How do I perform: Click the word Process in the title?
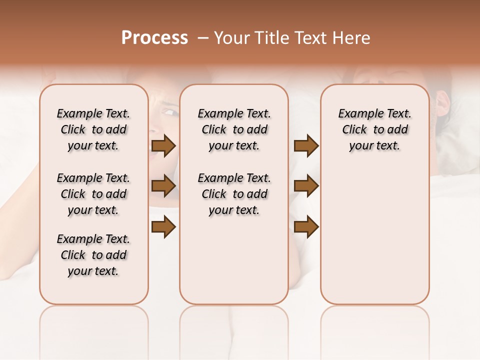pos(154,38)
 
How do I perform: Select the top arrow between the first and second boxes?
pos(163,146)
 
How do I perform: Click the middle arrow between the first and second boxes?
pos(163,186)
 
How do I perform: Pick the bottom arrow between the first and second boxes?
pos(163,227)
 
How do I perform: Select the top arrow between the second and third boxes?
pos(306,146)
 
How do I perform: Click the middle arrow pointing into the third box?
pos(306,186)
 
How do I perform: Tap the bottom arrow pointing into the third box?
pos(306,227)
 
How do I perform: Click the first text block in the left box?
pos(93,129)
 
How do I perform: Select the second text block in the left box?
pos(93,194)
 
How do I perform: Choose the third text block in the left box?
pos(93,255)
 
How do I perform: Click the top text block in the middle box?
pos(234,129)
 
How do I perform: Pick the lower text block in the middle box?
pos(234,194)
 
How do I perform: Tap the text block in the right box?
pos(374,129)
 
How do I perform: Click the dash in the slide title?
pos(202,38)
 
